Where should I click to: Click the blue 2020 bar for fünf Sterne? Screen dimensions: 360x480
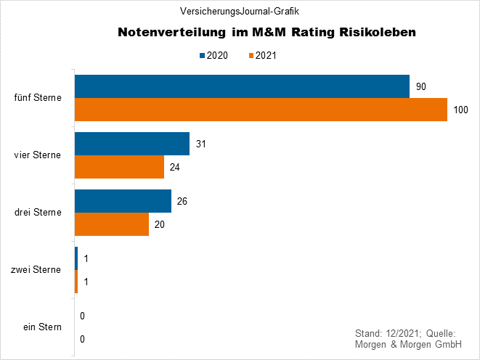point(242,86)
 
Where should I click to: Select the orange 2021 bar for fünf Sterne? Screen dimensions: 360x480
point(261,110)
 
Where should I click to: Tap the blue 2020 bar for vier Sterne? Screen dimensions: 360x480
point(132,144)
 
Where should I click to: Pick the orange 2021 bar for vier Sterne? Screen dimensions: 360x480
point(119,167)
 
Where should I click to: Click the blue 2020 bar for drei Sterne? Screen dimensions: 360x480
point(123,201)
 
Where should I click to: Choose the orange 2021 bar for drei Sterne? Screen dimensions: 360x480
point(112,224)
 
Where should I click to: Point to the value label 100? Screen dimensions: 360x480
point(461,110)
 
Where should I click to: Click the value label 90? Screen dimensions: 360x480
point(420,86)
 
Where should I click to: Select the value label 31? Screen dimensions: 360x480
point(201,144)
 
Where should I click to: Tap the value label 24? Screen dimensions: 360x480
point(175,167)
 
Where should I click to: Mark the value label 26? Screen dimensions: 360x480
point(182,201)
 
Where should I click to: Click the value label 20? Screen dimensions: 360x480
point(160,224)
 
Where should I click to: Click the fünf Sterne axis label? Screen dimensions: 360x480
point(38,98)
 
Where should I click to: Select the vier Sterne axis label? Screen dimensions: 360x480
point(38,155)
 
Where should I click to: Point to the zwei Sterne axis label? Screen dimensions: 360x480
point(36,270)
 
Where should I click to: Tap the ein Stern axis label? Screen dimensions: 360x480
point(42,327)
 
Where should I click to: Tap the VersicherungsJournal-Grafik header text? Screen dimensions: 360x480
point(240,11)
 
